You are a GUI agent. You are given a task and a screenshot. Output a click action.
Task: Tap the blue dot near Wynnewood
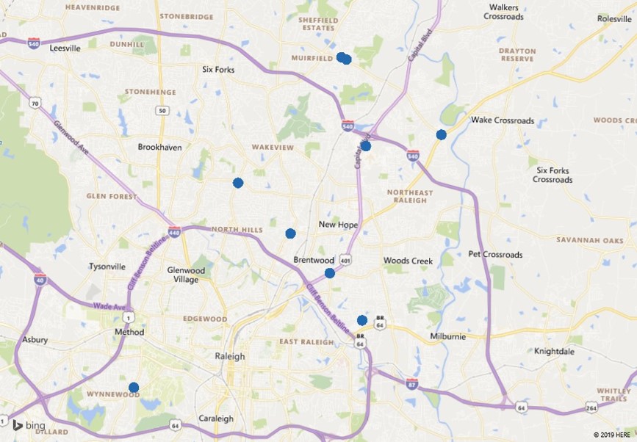[134, 388]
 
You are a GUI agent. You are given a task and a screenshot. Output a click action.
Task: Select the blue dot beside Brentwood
[330, 273]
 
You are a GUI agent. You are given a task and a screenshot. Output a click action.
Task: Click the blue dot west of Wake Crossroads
[441, 134]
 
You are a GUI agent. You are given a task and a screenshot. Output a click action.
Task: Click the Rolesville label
[614, 18]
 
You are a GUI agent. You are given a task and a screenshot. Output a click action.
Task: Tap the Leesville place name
[64, 48]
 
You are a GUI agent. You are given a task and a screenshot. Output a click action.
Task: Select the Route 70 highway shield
[35, 104]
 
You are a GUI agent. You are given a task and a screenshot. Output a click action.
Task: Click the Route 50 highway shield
[162, 110]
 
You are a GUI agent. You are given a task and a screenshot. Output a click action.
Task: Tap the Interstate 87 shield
[412, 383]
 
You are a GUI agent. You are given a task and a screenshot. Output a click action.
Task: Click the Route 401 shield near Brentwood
[346, 260]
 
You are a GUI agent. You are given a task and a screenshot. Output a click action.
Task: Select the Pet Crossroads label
[495, 255]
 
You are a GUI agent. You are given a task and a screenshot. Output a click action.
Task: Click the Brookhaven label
[159, 147]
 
